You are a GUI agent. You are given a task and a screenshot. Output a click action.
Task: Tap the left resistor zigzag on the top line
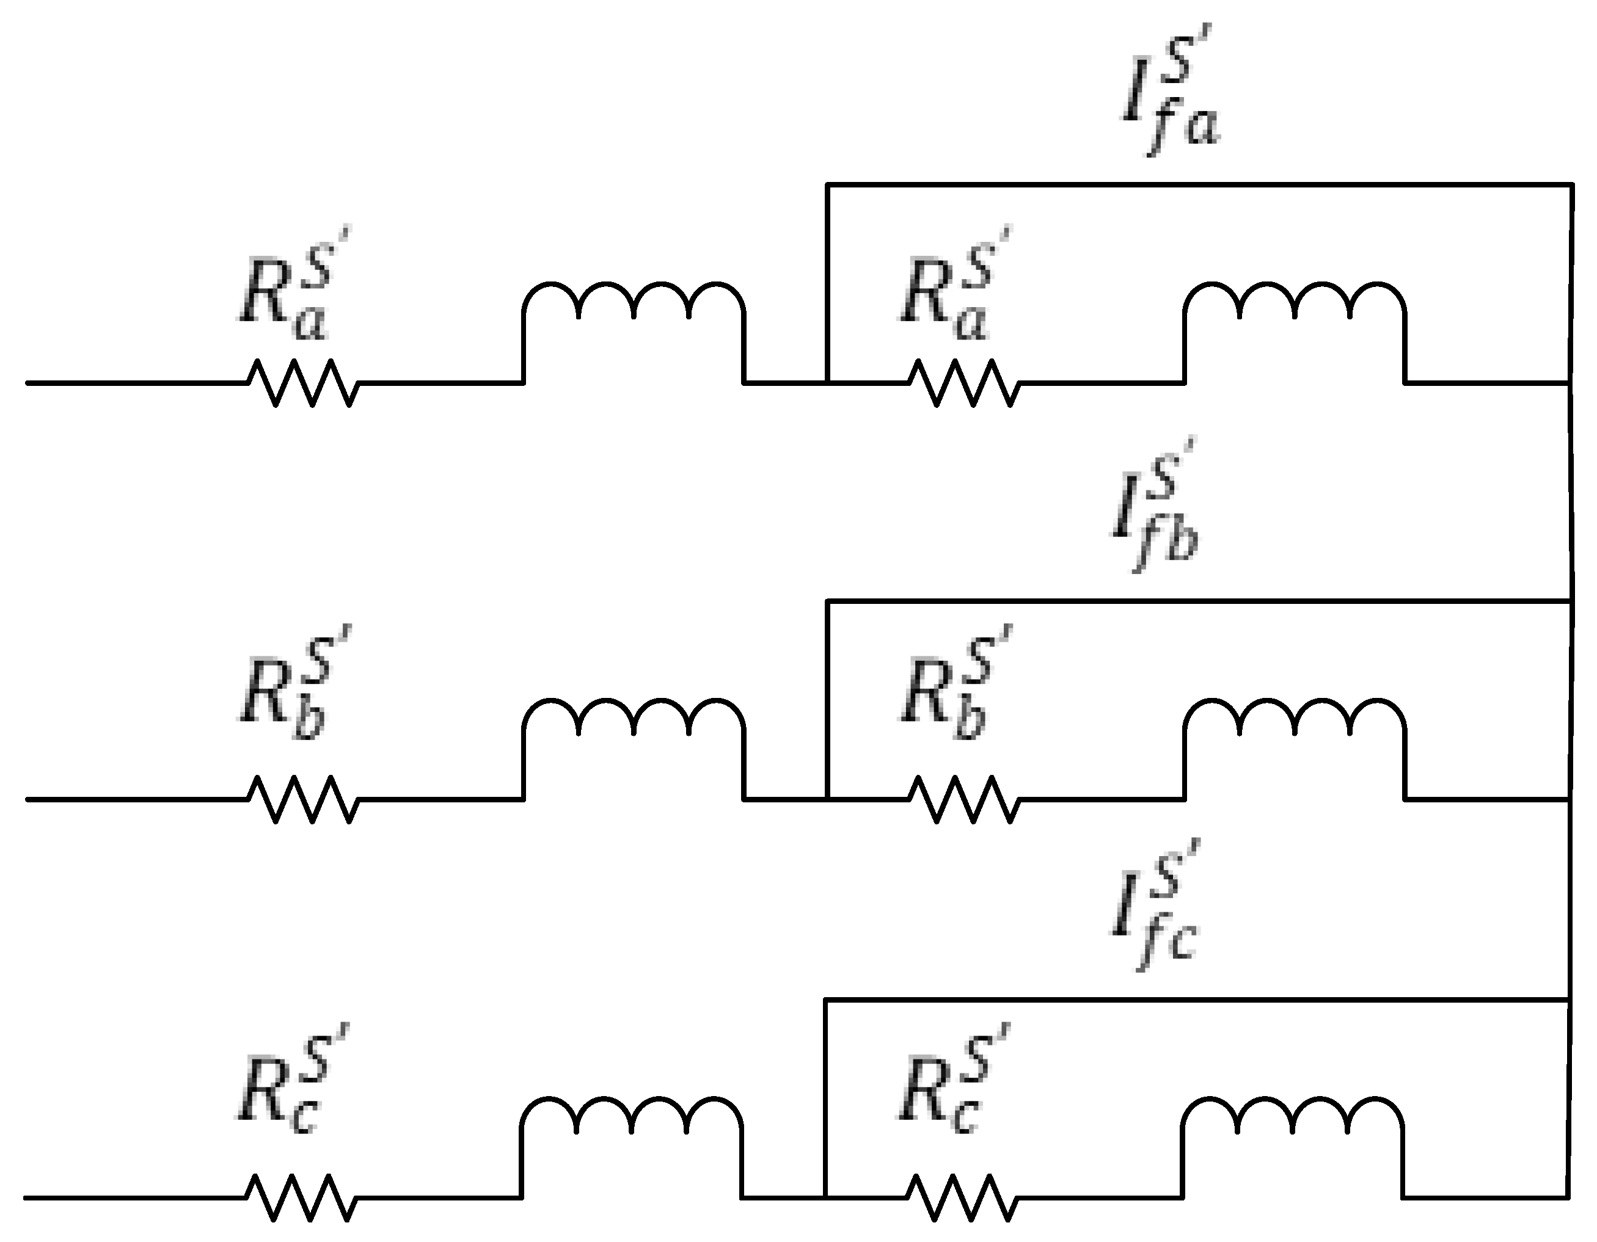point(302,382)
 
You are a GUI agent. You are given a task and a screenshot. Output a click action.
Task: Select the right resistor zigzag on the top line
point(963,382)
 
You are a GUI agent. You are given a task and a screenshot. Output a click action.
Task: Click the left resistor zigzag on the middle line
point(302,799)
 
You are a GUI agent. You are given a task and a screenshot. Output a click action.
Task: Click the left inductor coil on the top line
point(634,307)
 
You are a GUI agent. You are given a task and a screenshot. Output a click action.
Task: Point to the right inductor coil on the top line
point(1294,307)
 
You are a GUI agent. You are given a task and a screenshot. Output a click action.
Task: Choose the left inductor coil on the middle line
point(634,724)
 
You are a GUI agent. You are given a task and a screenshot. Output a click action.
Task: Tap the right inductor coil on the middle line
point(1294,724)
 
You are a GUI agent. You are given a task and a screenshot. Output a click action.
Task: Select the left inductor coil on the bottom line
point(631,1122)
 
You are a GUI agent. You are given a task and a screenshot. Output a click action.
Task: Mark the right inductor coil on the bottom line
point(1292,1122)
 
